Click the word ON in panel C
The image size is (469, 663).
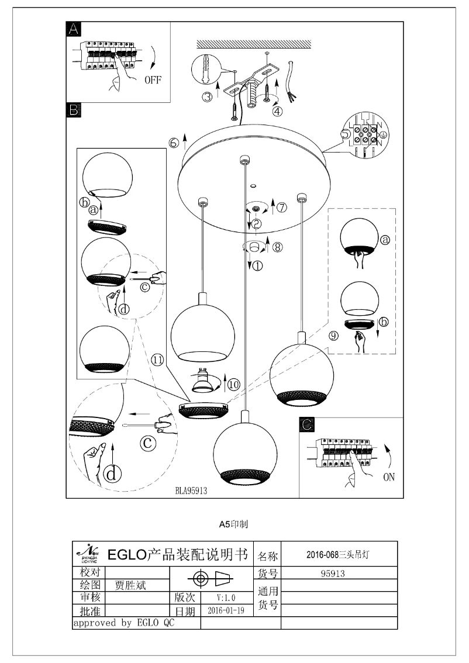pos(388,476)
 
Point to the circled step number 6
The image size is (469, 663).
pos(174,143)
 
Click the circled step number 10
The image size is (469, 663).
pos(233,384)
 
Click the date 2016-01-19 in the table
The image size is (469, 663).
pos(226,610)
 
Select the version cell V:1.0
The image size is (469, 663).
pos(225,598)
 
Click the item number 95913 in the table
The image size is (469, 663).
pos(336,574)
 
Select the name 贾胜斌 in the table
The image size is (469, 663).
pos(130,585)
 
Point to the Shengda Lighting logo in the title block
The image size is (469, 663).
pos(88,552)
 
